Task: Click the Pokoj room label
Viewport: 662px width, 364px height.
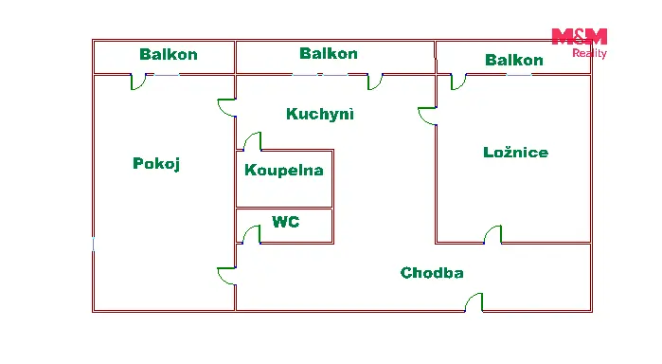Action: [x=156, y=164]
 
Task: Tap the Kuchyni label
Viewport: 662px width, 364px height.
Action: [x=319, y=114]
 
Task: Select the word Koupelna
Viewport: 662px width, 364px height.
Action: [x=284, y=170]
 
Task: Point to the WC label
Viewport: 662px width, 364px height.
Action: [x=286, y=222]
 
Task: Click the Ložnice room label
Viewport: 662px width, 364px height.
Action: [x=515, y=153]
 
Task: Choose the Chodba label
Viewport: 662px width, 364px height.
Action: [x=432, y=273]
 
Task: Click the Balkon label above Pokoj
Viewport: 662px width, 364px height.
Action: [x=169, y=54]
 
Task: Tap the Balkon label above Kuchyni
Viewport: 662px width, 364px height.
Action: [x=329, y=53]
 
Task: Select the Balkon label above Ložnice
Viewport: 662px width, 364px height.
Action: [x=514, y=60]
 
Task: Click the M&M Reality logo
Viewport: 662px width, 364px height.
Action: [x=580, y=43]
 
